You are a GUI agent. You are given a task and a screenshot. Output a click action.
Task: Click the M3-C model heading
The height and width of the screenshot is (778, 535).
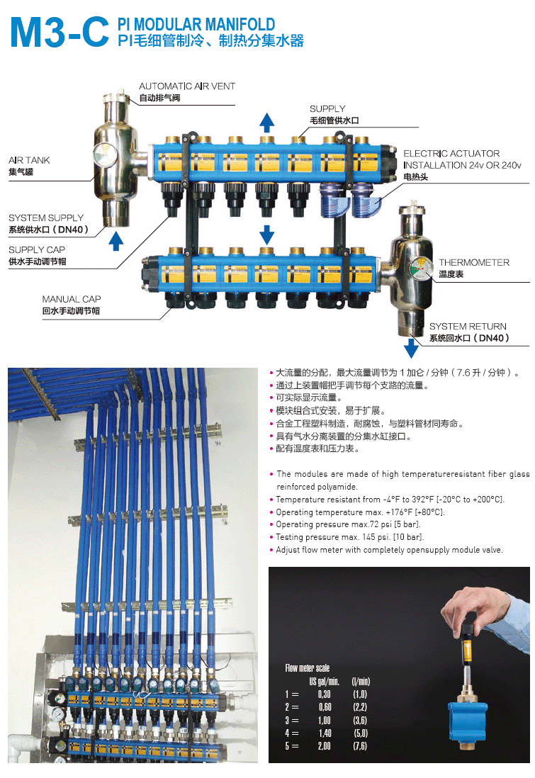(60, 33)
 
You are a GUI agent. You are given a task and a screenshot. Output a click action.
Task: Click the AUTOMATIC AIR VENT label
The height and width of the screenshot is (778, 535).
(187, 86)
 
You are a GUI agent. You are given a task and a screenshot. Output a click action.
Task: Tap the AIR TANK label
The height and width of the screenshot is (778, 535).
(29, 160)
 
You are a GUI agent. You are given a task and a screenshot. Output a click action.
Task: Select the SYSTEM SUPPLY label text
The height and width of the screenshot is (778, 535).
(46, 218)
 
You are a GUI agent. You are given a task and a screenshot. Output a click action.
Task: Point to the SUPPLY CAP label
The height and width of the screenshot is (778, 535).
(37, 249)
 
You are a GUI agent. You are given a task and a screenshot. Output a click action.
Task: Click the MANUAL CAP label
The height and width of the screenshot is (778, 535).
(72, 299)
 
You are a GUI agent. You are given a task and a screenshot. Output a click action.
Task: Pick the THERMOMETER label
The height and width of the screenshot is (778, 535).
(474, 262)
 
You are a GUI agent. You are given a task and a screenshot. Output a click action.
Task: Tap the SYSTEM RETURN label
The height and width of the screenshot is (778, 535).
(468, 327)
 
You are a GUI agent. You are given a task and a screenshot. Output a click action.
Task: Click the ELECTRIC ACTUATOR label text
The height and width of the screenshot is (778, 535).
(451, 154)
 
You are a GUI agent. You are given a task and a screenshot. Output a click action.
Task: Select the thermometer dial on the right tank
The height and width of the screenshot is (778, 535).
(420, 267)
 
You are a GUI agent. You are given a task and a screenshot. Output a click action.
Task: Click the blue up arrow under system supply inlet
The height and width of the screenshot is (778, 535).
(116, 241)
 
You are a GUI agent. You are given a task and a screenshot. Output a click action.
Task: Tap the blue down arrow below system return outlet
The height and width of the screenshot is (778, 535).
(411, 348)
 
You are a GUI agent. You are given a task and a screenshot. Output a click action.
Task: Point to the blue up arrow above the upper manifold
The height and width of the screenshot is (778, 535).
(267, 123)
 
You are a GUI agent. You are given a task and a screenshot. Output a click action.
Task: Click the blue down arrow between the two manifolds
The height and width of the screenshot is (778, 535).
(267, 235)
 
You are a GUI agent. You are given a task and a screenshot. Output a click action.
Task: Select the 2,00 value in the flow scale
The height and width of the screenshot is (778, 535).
(324, 746)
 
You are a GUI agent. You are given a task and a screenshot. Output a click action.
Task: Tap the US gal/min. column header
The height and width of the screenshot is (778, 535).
(324, 681)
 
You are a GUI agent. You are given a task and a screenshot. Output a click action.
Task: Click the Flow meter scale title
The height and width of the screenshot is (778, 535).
(308, 668)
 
